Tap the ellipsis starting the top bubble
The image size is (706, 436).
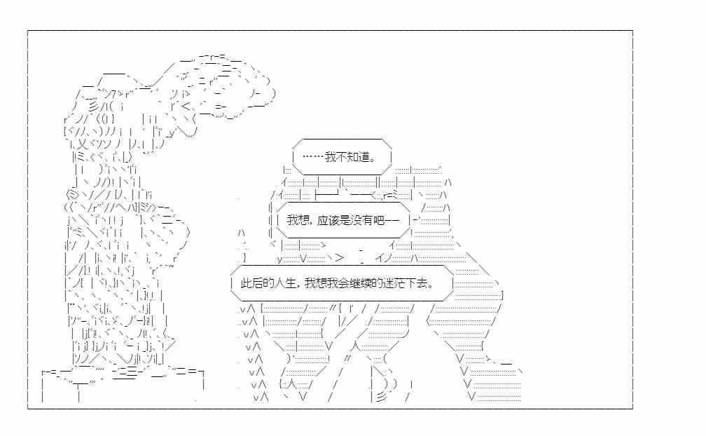[x=313, y=157]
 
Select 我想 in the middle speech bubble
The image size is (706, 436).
[x=298, y=220]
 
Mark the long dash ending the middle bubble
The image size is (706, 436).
[x=393, y=220]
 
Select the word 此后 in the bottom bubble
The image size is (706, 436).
[x=252, y=283]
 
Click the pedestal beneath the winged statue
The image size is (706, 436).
[x=123, y=383]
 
